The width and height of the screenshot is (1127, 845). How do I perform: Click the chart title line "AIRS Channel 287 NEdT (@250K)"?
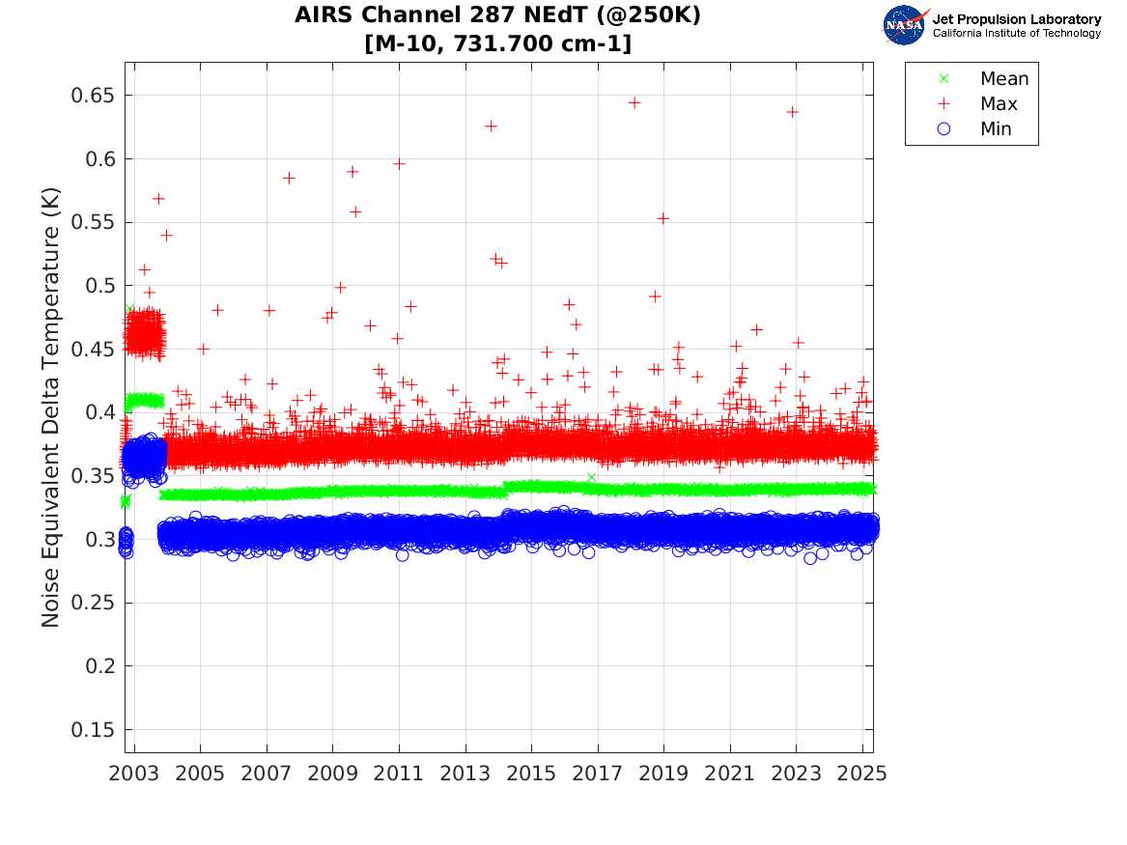pyautogui.click(x=497, y=15)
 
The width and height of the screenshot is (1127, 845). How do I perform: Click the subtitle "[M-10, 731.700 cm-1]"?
pyautogui.click(x=497, y=43)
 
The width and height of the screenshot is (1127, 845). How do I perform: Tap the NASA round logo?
pyautogui.click(x=904, y=25)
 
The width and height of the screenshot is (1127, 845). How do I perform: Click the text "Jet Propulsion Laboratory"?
pyautogui.click(x=1016, y=19)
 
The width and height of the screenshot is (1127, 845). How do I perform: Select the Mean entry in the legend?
pyautogui.click(x=1003, y=79)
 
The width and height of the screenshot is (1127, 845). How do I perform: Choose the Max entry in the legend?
pyautogui.click(x=998, y=104)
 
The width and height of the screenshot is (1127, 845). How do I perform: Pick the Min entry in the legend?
pyautogui.click(x=996, y=129)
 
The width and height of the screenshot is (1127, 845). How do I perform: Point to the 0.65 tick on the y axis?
pyautogui.click(x=95, y=96)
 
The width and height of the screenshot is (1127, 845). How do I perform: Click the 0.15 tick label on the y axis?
pyautogui.click(x=95, y=730)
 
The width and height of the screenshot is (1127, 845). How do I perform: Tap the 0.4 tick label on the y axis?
pyautogui.click(x=100, y=412)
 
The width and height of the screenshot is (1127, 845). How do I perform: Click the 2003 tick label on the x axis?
pyautogui.click(x=133, y=774)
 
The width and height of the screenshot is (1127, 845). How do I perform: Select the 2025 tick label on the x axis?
pyautogui.click(x=863, y=774)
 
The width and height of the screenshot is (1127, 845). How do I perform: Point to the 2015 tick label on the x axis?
pyautogui.click(x=531, y=774)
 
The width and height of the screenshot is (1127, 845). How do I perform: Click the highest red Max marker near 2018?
pyautogui.click(x=634, y=102)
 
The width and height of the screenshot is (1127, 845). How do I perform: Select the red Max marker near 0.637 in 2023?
pyautogui.click(x=792, y=112)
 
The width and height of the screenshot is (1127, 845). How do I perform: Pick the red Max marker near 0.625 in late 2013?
pyautogui.click(x=491, y=127)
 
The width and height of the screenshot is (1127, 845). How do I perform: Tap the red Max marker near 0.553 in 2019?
pyautogui.click(x=663, y=218)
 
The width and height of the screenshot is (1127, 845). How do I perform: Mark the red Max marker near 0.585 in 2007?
pyautogui.click(x=289, y=178)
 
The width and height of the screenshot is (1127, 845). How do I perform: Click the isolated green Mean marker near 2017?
pyautogui.click(x=591, y=477)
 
